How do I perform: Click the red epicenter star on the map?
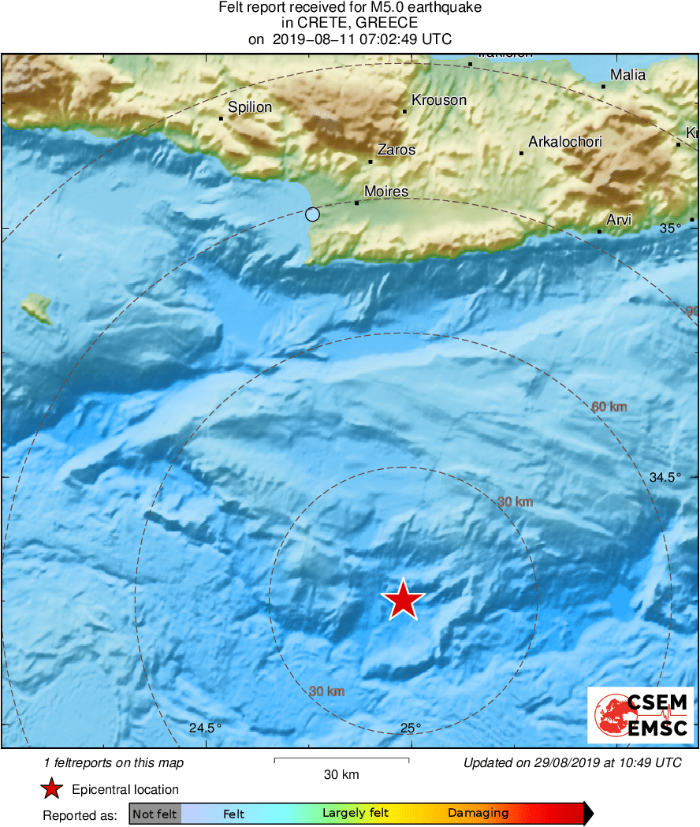pyautogui.click(x=403, y=601)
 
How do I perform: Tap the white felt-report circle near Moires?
pyautogui.click(x=312, y=214)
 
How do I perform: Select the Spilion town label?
pyautogui.click(x=250, y=107)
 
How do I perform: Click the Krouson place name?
pyautogui.click(x=439, y=100)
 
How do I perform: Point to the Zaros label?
pyautogui.click(x=396, y=150)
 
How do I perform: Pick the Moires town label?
pyautogui.click(x=386, y=192)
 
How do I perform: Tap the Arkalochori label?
pyautogui.click(x=564, y=142)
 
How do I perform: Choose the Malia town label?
pyautogui.click(x=627, y=75)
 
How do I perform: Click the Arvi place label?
pyautogui.click(x=619, y=220)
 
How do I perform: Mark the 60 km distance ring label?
pyautogui.click(x=609, y=407)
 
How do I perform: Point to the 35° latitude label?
pyautogui.click(x=671, y=229)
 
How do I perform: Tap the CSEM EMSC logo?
pyautogui.click(x=640, y=714)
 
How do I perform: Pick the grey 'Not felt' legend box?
pyautogui.click(x=155, y=814)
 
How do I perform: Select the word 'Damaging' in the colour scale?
pyautogui.click(x=478, y=814)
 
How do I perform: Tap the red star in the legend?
pyautogui.click(x=52, y=789)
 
